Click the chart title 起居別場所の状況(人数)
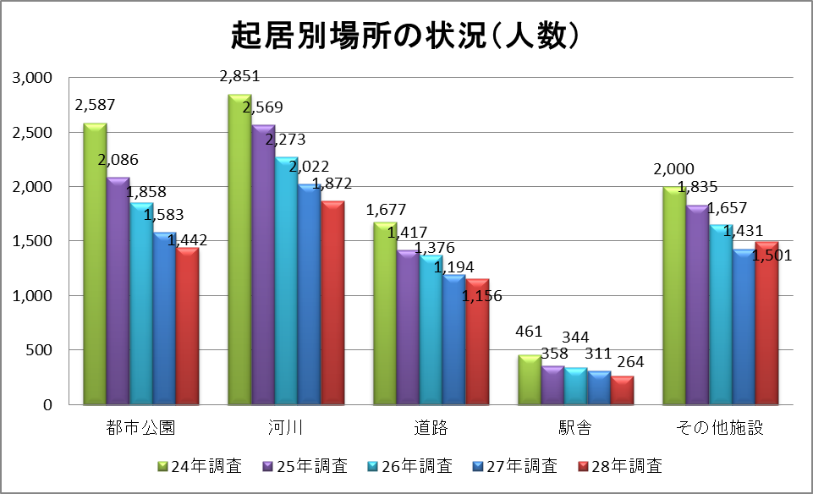[406, 36]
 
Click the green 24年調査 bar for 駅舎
[530, 380]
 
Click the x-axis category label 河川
[285, 427]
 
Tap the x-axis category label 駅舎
[575, 427]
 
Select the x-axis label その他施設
[720, 427]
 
